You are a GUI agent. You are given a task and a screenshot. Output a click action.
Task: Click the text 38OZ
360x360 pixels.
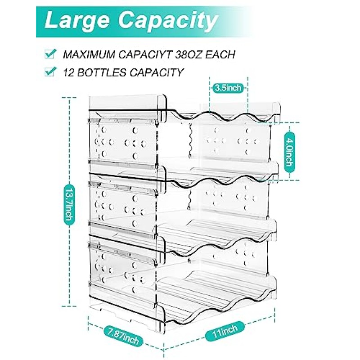pyautogui.click(x=188, y=55)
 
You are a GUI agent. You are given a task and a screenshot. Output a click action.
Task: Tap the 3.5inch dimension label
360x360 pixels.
pyautogui.click(x=229, y=89)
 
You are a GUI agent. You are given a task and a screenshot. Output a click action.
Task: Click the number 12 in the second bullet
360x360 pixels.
pyautogui.click(x=68, y=72)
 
